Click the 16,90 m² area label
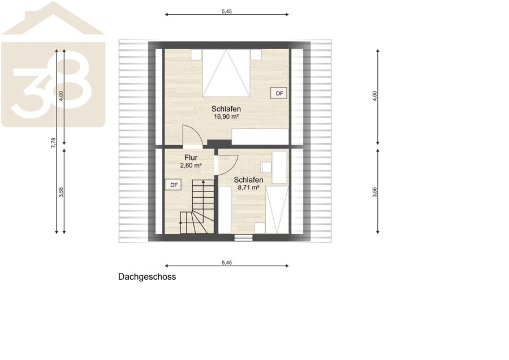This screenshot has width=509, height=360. pos(226,117)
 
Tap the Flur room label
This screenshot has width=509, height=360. pos(191,158)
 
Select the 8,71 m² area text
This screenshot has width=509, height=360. pos(248,188)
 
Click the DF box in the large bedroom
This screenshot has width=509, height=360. pos(279,93)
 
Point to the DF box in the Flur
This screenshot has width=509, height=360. pos(174,185)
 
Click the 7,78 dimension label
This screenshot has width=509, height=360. pos(54,143)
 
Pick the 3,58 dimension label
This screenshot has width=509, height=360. pos(61,192)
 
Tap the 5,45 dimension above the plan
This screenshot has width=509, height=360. pos(227,11)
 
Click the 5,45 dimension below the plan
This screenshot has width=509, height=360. pos(227,263)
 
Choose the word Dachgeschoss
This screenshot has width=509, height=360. pos(147,277)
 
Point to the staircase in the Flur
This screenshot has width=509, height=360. pos(197,207)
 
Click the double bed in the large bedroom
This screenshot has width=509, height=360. pos(226,73)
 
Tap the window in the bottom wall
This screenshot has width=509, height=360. pos(243,237)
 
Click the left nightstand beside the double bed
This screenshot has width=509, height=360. pos(196,54)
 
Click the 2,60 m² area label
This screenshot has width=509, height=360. pos(191,166)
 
